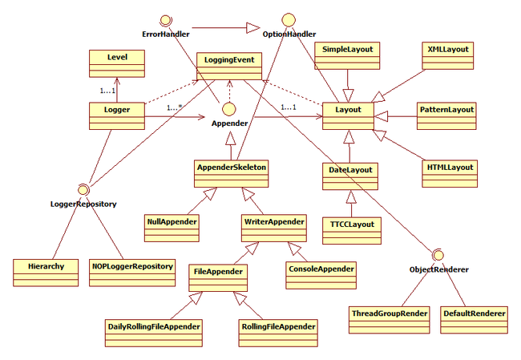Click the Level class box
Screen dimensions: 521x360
click(117, 63)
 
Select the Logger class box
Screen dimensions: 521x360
click(117, 116)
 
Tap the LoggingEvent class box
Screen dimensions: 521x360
click(229, 67)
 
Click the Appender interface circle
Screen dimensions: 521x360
click(229, 109)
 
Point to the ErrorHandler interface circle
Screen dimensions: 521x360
click(165, 20)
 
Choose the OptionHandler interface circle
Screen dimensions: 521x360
click(289, 20)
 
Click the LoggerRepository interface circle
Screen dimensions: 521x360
click(83, 190)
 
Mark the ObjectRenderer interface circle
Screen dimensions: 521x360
click(438, 255)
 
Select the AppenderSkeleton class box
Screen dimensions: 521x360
click(232, 174)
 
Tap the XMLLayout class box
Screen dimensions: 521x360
click(448, 55)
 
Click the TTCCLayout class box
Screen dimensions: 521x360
click(352, 231)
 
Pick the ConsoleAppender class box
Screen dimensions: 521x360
click(321, 275)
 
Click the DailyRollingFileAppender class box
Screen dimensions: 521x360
click(154, 333)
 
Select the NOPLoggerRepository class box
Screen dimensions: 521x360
click(132, 273)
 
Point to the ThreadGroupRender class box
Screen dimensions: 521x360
click(390, 320)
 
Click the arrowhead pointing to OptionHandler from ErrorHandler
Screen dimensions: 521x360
click(253, 28)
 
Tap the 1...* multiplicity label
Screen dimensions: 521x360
click(175, 107)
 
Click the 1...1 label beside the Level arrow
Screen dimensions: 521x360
click(107, 91)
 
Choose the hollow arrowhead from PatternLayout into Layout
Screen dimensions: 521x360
click(381, 116)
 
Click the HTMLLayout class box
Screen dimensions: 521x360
click(450, 174)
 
